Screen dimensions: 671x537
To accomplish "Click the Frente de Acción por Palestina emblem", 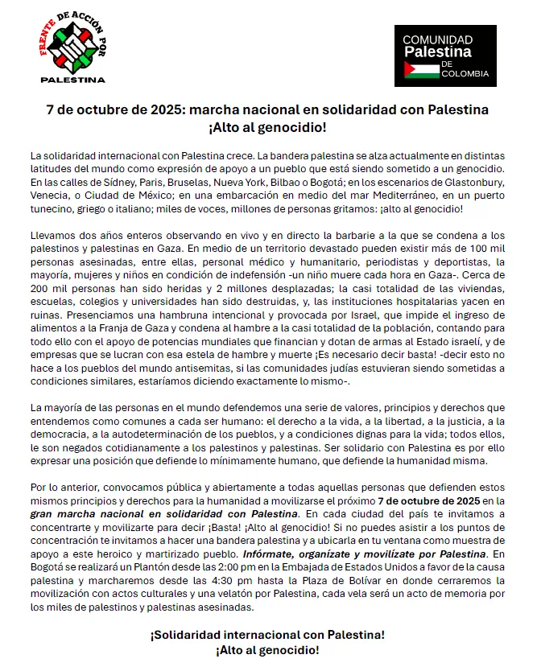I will [73, 50].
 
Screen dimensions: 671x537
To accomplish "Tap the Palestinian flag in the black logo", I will [422, 69].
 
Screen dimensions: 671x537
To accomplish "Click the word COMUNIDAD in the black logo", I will [437, 39].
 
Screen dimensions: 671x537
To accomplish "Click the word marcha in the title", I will [237, 110].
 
